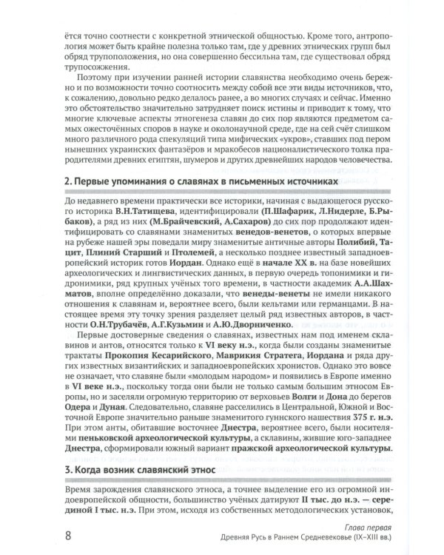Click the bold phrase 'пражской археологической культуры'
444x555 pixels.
coord(294,446)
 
